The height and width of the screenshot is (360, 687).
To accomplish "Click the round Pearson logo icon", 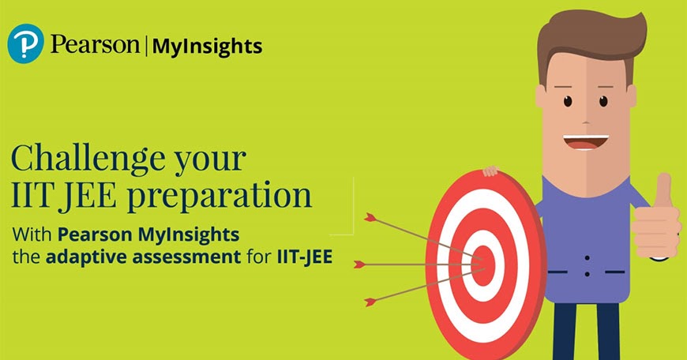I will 25,44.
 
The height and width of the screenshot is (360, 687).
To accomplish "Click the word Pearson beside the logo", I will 94,45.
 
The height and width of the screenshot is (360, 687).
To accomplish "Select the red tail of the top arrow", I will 370,216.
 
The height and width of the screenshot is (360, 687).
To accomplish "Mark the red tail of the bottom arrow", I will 370,301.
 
